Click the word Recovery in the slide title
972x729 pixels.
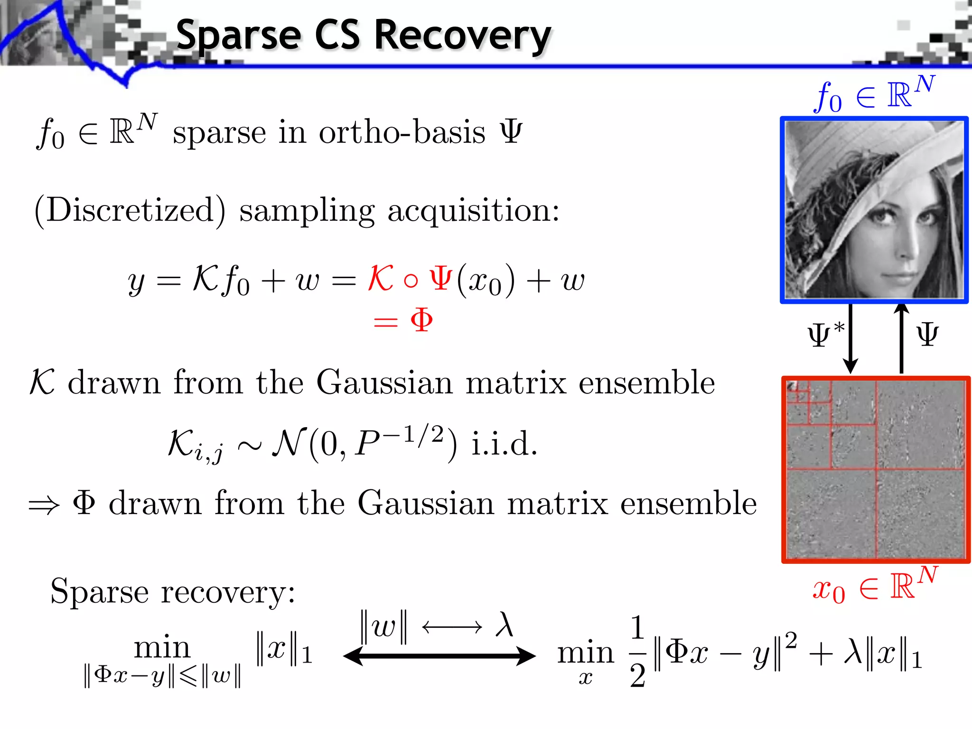(x=462, y=36)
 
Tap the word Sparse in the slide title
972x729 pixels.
(x=238, y=36)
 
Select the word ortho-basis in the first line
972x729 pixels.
(x=402, y=132)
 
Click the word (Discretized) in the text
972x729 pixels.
(x=130, y=210)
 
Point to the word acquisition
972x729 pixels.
(x=473, y=210)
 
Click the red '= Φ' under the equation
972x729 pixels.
(x=403, y=321)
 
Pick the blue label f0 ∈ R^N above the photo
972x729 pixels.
(x=874, y=95)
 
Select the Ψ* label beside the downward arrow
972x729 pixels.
(x=826, y=335)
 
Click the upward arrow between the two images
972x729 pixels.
(x=901, y=338)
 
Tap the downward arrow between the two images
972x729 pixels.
(x=850, y=338)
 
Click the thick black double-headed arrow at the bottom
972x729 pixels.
(x=439, y=656)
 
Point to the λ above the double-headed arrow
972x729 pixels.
(x=504, y=625)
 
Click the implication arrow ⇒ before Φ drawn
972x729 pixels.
(x=44, y=505)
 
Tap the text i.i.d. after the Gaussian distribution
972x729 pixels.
(x=504, y=445)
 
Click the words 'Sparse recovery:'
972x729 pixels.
(x=173, y=592)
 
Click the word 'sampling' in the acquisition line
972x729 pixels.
(x=307, y=210)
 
